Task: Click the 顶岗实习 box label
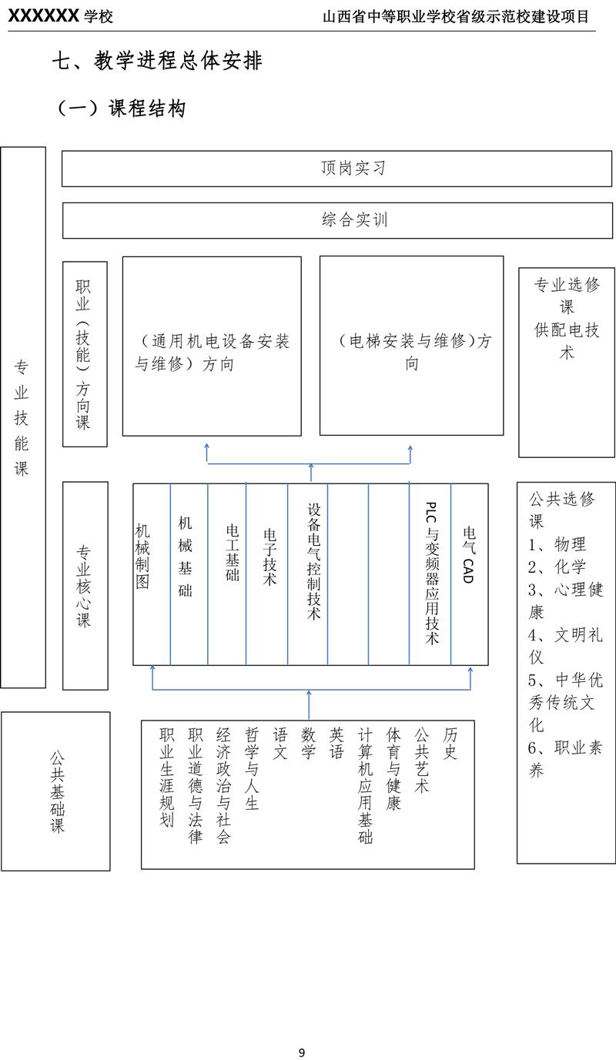tap(353, 168)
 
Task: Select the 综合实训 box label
tap(355, 219)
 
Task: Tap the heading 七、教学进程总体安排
tap(157, 61)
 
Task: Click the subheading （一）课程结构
tap(122, 109)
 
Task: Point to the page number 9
tap(302, 1052)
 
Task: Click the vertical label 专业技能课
tap(22, 417)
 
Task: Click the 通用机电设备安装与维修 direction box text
tap(212, 353)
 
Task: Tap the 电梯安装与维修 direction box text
tap(411, 353)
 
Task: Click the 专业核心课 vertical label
tap(84, 586)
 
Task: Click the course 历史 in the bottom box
tap(450, 743)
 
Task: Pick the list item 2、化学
tap(557, 567)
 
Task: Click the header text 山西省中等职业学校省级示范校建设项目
tap(456, 17)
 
